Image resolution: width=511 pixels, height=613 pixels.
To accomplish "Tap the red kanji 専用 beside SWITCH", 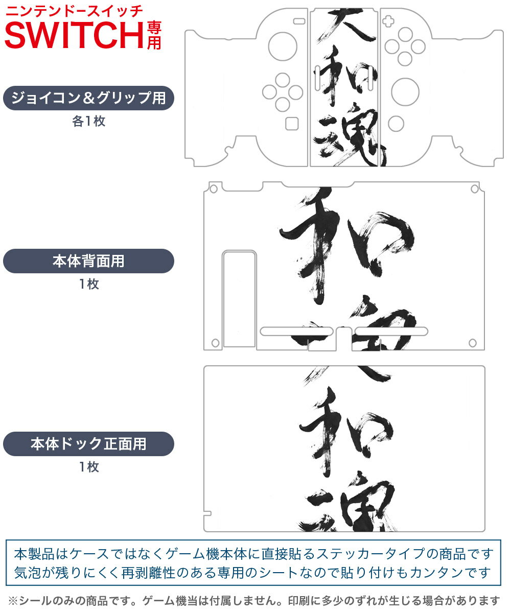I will (x=154, y=35).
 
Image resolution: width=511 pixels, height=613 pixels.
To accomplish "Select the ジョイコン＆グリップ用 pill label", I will (x=88, y=98).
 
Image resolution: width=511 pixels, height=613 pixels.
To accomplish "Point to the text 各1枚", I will (x=88, y=122).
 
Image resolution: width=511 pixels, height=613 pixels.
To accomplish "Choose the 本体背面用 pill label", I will (x=88, y=261).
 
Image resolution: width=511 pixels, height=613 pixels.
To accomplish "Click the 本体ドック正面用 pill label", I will (x=88, y=444).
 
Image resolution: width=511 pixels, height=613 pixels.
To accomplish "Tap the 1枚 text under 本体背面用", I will (x=88, y=285).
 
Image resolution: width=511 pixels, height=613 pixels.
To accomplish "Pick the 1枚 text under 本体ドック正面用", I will (x=88, y=467).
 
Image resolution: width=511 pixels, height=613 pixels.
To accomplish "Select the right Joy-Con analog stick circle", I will (x=405, y=91).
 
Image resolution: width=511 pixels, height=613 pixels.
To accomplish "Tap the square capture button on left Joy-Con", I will (x=292, y=124).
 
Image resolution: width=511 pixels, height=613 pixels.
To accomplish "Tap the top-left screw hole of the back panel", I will (x=214, y=189).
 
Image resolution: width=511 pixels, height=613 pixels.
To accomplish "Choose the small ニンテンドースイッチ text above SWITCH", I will (x=75, y=10).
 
